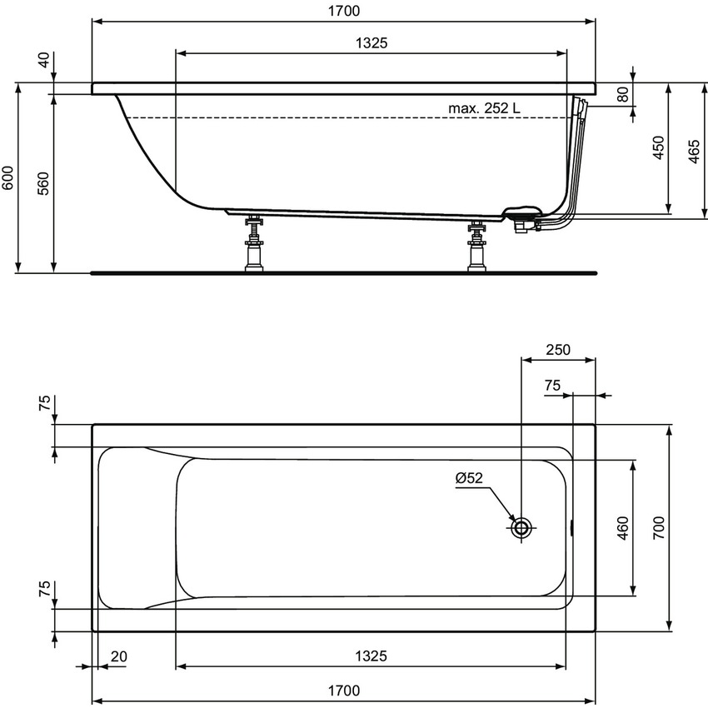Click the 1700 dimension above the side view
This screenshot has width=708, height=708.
click(343, 12)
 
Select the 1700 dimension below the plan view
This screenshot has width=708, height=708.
click(343, 690)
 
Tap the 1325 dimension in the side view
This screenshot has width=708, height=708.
click(370, 43)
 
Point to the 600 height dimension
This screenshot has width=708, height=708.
click(9, 178)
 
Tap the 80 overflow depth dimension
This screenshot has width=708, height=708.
click(621, 94)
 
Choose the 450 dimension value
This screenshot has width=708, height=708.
click(658, 148)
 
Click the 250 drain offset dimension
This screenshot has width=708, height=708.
click(557, 350)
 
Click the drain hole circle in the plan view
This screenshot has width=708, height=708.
click(522, 527)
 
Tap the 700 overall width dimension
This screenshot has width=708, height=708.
click(659, 526)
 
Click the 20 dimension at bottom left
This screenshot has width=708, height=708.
click(118, 656)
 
